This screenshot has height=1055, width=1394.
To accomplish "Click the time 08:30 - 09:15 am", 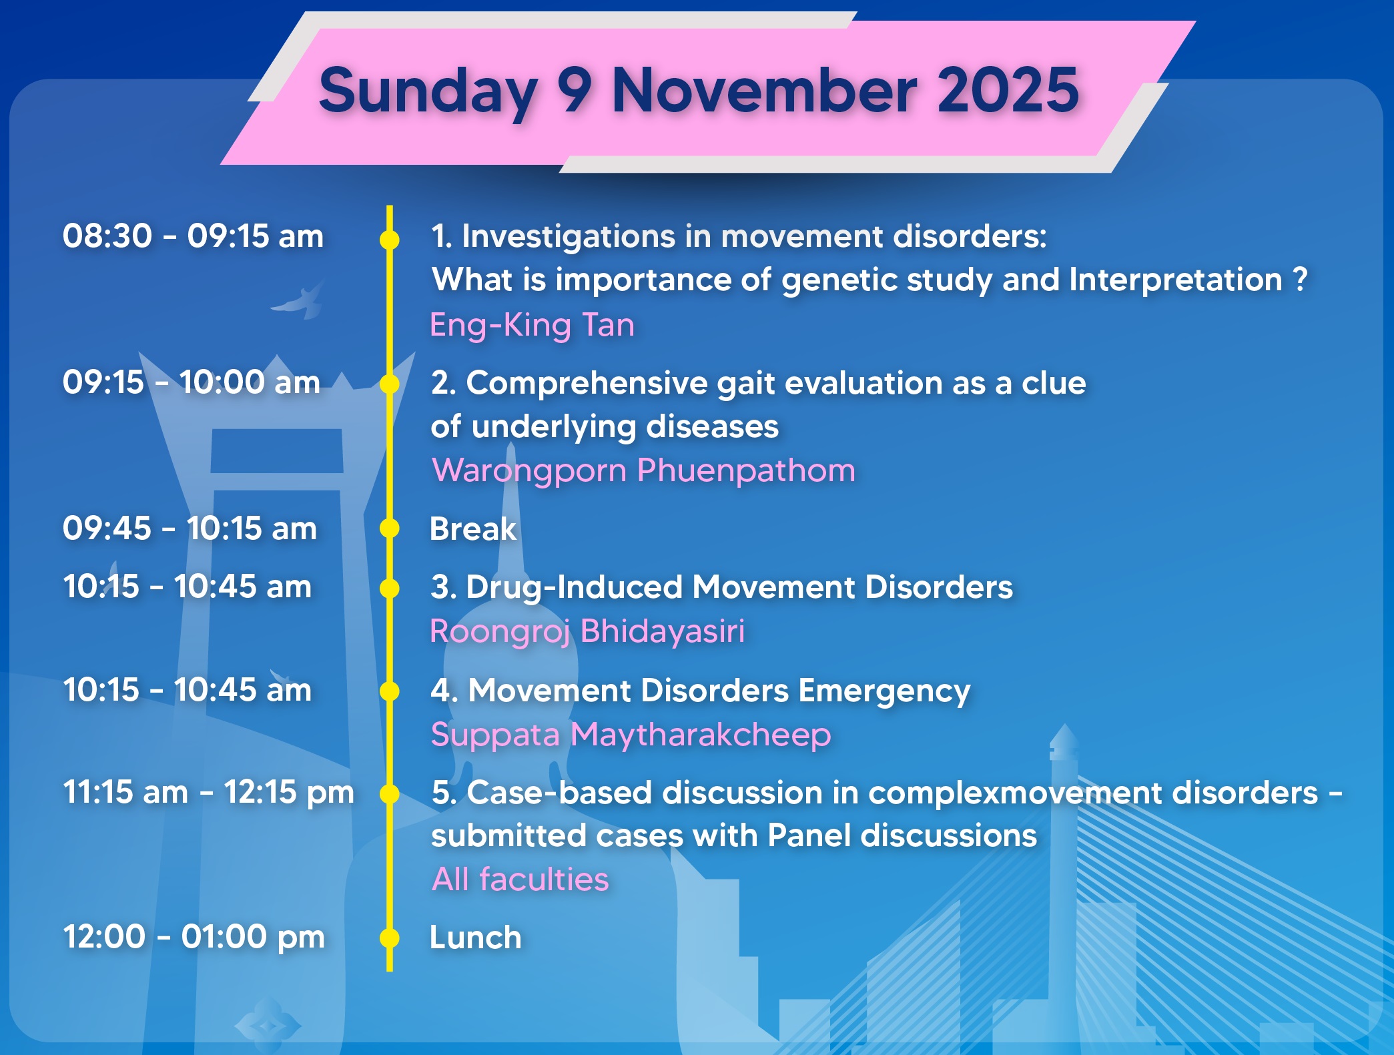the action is pos(193,236).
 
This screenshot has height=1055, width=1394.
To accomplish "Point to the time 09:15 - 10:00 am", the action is pos(192,382).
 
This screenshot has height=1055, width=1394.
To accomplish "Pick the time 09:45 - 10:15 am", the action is pos(190,529).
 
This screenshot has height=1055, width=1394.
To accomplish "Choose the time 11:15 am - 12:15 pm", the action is pos(208,793).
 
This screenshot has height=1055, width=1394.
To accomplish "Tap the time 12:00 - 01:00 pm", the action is pos(194,937).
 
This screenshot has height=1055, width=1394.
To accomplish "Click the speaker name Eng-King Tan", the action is pos(533,326).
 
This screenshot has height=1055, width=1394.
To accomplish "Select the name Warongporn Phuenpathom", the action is pos(643,471).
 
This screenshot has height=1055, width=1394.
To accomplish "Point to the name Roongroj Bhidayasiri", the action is pos(587,632).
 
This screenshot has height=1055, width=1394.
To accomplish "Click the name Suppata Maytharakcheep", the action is pos(631,735).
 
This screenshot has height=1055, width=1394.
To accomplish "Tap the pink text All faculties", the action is pos(520,880).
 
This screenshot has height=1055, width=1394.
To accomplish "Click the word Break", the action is pos(473,529).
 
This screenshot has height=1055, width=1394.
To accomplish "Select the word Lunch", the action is pos(476,938).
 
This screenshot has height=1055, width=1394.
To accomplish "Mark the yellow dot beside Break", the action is pos(390,529).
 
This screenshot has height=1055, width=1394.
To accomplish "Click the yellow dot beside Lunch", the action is pos(390,938).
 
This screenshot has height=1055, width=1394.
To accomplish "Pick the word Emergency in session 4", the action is pos(885,692).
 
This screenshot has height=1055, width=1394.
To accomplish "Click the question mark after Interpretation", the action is pos(1299,279).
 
